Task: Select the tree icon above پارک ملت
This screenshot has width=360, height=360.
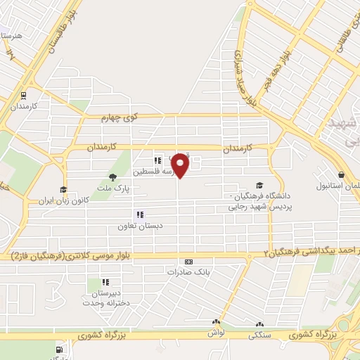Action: click(x=112, y=176)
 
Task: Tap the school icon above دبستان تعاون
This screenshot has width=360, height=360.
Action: click(x=140, y=214)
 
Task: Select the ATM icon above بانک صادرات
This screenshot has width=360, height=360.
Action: click(x=187, y=261)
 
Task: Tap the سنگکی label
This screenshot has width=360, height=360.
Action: click(x=259, y=336)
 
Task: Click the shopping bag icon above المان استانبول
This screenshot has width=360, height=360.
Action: click(x=341, y=174)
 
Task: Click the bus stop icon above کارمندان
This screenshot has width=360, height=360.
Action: click(x=25, y=96)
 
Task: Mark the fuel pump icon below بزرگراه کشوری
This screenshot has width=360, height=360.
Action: click(x=59, y=349)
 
